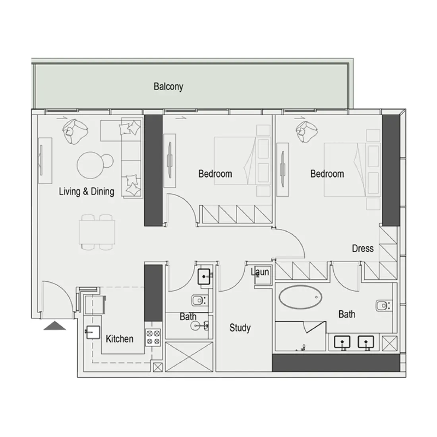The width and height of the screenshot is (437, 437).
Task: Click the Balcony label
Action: tap(168, 86)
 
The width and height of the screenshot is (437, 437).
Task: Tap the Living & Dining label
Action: tap(86, 191)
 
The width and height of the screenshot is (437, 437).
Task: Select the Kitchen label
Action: tap(120, 339)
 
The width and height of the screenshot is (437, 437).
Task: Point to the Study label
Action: tap(240, 328)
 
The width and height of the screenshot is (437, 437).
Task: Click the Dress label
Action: tap(363, 248)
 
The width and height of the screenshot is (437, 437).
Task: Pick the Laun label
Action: tap(260, 272)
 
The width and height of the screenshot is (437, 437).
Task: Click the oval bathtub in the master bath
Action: tap(300, 297)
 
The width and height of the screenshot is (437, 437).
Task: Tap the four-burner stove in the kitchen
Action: tap(153, 337)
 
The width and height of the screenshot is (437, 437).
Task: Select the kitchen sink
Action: tap(93, 332)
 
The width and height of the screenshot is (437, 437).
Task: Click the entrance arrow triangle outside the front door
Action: tap(55, 326)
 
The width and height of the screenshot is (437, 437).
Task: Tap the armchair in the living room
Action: tap(75, 131)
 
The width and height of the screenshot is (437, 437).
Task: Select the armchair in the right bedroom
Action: tap(307, 132)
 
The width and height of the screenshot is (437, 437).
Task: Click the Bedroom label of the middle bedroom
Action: tap(215, 174)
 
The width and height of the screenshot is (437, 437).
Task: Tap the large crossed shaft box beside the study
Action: tap(189, 357)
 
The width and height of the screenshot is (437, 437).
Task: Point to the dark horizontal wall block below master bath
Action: tap(336, 363)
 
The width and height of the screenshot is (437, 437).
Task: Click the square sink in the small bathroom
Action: tap(204, 277)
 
